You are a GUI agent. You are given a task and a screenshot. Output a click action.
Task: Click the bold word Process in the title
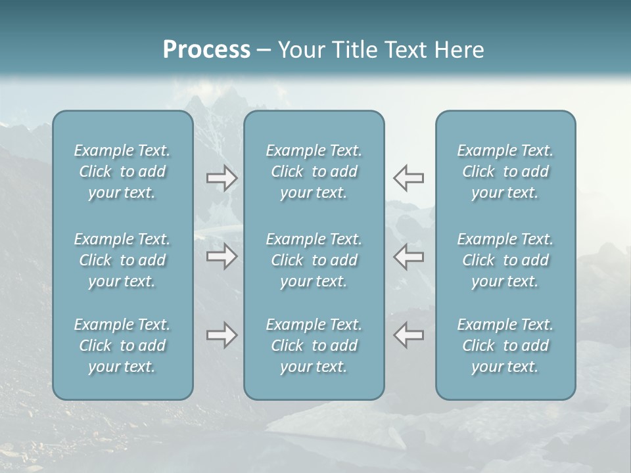click(206, 50)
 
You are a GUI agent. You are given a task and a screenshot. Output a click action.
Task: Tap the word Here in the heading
click(459, 50)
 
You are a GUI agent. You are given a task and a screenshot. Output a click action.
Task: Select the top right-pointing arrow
click(222, 178)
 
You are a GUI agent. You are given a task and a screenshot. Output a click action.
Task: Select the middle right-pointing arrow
click(222, 256)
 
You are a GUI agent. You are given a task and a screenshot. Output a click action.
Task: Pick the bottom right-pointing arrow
click(222, 335)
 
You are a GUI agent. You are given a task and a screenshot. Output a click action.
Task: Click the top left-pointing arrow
click(408, 178)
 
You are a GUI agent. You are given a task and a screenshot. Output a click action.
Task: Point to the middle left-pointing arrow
click(408, 256)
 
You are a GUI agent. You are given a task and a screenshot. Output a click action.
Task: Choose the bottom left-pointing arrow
click(408, 335)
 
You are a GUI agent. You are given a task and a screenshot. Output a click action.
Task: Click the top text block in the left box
click(122, 171)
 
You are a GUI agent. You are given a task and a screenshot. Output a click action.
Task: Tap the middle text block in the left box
click(122, 260)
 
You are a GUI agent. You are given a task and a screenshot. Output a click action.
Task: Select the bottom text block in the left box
click(122, 346)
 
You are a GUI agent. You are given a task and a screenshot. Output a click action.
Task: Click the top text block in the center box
click(314, 171)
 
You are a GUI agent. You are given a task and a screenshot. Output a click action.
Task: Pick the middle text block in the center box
click(314, 260)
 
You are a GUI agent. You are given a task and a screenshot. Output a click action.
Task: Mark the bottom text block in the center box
click(314, 346)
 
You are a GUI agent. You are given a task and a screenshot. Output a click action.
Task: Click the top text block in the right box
click(505, 171)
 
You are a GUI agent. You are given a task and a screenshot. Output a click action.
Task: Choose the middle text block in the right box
click(505, 260)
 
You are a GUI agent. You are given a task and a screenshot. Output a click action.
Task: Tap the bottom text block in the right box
click(505, 346)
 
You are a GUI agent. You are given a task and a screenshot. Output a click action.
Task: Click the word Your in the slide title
click(300, 50)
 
